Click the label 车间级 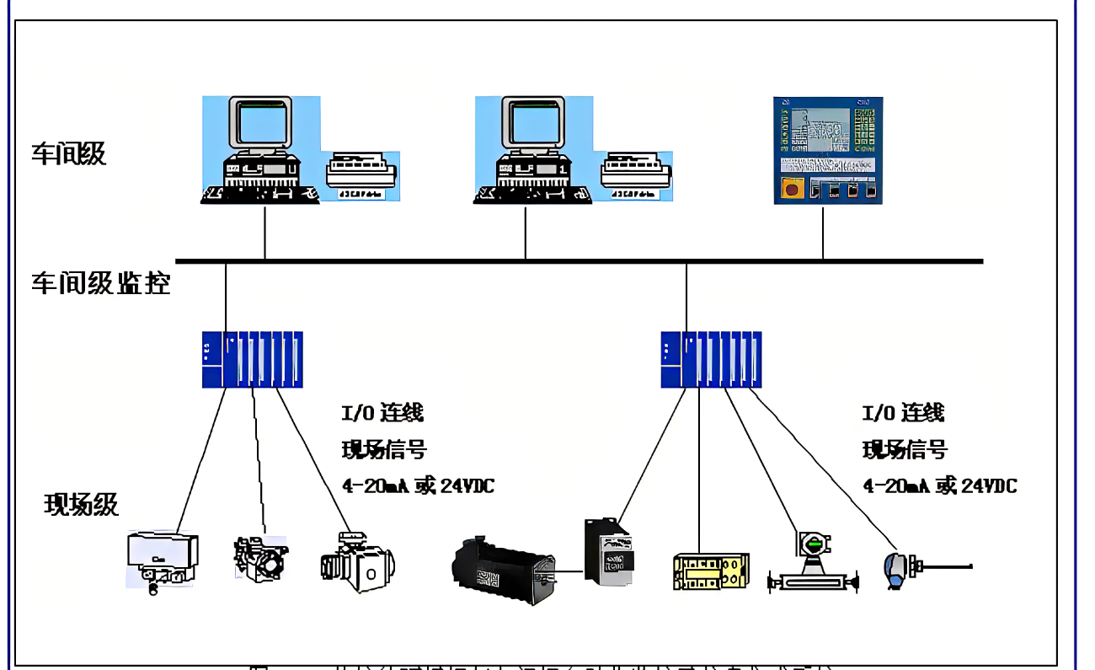pos(69,154)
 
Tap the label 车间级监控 pos(101,283)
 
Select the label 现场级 pos(82,505)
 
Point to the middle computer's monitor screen pos(532,126)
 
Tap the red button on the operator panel pos(792,188)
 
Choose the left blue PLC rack pos(252,360)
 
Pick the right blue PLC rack pos(711,360)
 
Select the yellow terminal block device pos(711,571)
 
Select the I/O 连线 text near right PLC pos(903,413)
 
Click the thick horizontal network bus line pos(579,261)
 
